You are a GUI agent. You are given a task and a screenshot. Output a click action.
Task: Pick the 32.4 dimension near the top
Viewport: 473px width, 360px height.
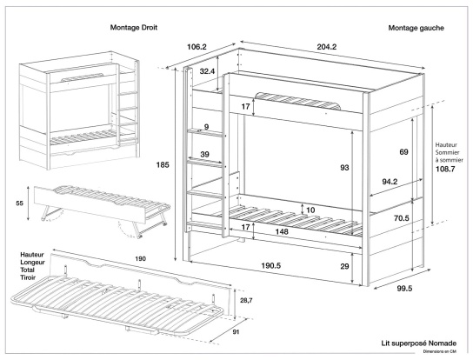[206, 70]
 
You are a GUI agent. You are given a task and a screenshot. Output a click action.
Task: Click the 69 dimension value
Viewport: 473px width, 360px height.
[403, 152]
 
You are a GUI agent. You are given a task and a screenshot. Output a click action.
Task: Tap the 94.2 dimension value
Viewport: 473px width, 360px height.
[390, 183]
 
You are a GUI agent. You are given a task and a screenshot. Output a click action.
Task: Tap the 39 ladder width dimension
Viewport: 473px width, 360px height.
[205, 154]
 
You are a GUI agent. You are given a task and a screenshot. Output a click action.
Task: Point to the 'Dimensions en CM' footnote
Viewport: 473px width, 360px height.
[443, 352]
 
